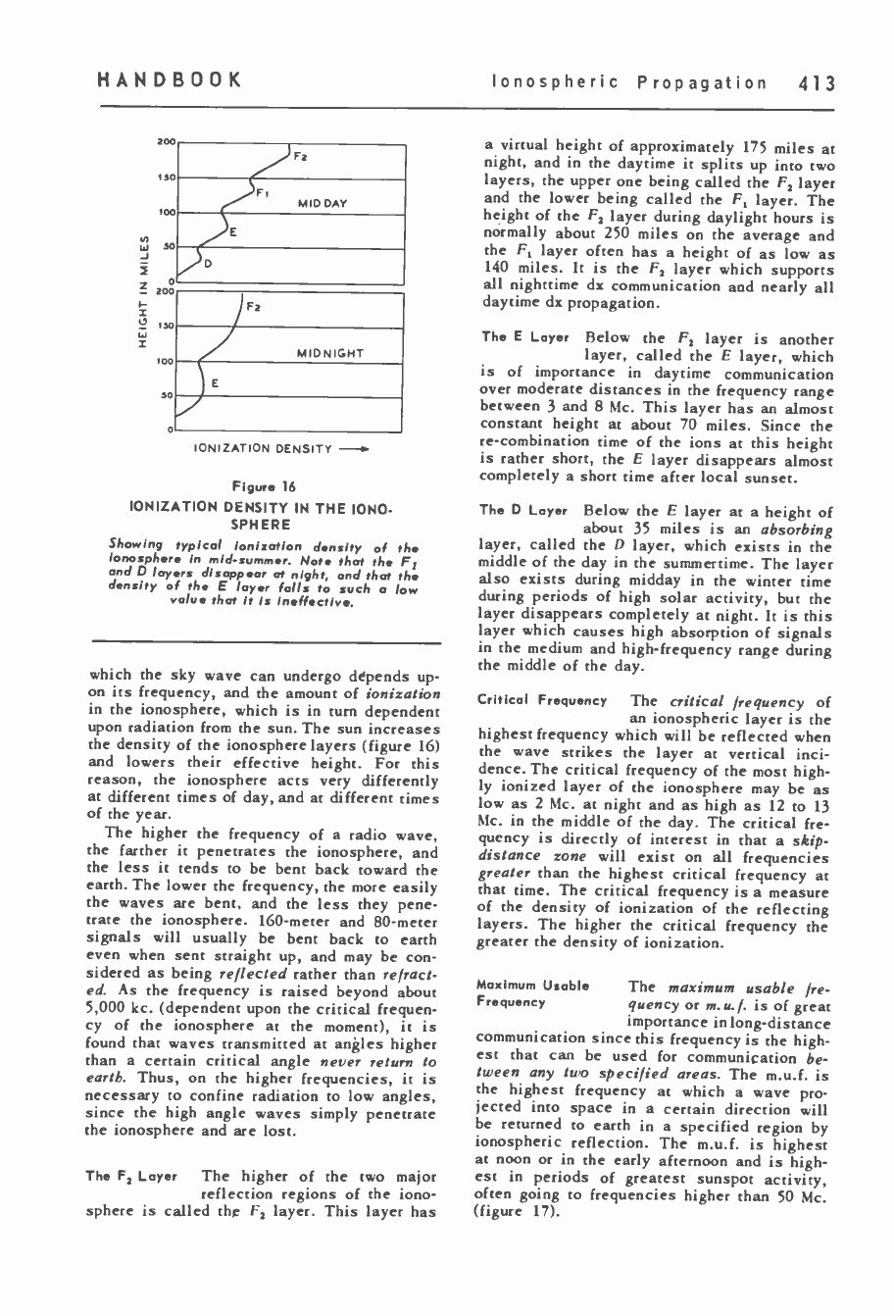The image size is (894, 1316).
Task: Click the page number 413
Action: pos(815,82)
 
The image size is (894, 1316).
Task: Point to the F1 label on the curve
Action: pos(264,193)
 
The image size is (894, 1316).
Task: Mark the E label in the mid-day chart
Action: pos(233,232)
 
